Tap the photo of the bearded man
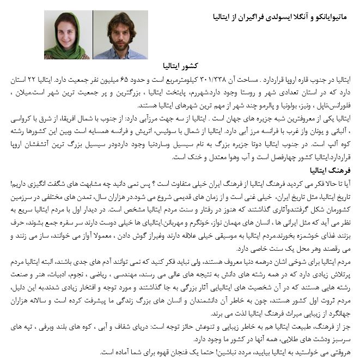(x=120, y=35)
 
